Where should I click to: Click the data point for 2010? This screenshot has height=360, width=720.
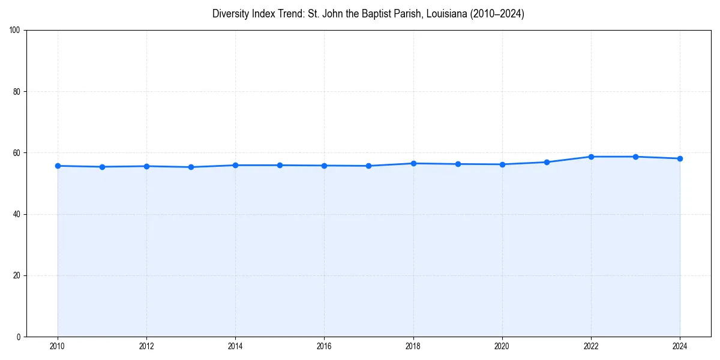pos(58,166)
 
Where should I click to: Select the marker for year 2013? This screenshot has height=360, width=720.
pos(191,167)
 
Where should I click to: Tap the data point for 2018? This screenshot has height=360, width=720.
pos(413,163)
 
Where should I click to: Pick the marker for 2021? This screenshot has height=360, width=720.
pos(547,162)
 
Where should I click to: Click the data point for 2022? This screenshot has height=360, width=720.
pos(591,157)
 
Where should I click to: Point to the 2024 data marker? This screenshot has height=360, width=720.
pos(680,158)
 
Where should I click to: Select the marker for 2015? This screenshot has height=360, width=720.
pos(280,165)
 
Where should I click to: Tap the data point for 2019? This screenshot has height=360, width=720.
pos(458,164)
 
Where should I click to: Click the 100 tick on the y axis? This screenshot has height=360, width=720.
pos(16,31)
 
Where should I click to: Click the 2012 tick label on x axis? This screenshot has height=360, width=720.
pos(146,346)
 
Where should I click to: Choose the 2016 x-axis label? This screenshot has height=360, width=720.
pos(324,346)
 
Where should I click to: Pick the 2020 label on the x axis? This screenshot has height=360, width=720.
pos(502,346)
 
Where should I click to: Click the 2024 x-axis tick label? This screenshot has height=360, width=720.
pos(680,346)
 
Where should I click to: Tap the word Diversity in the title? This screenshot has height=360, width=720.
pos(230,14)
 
